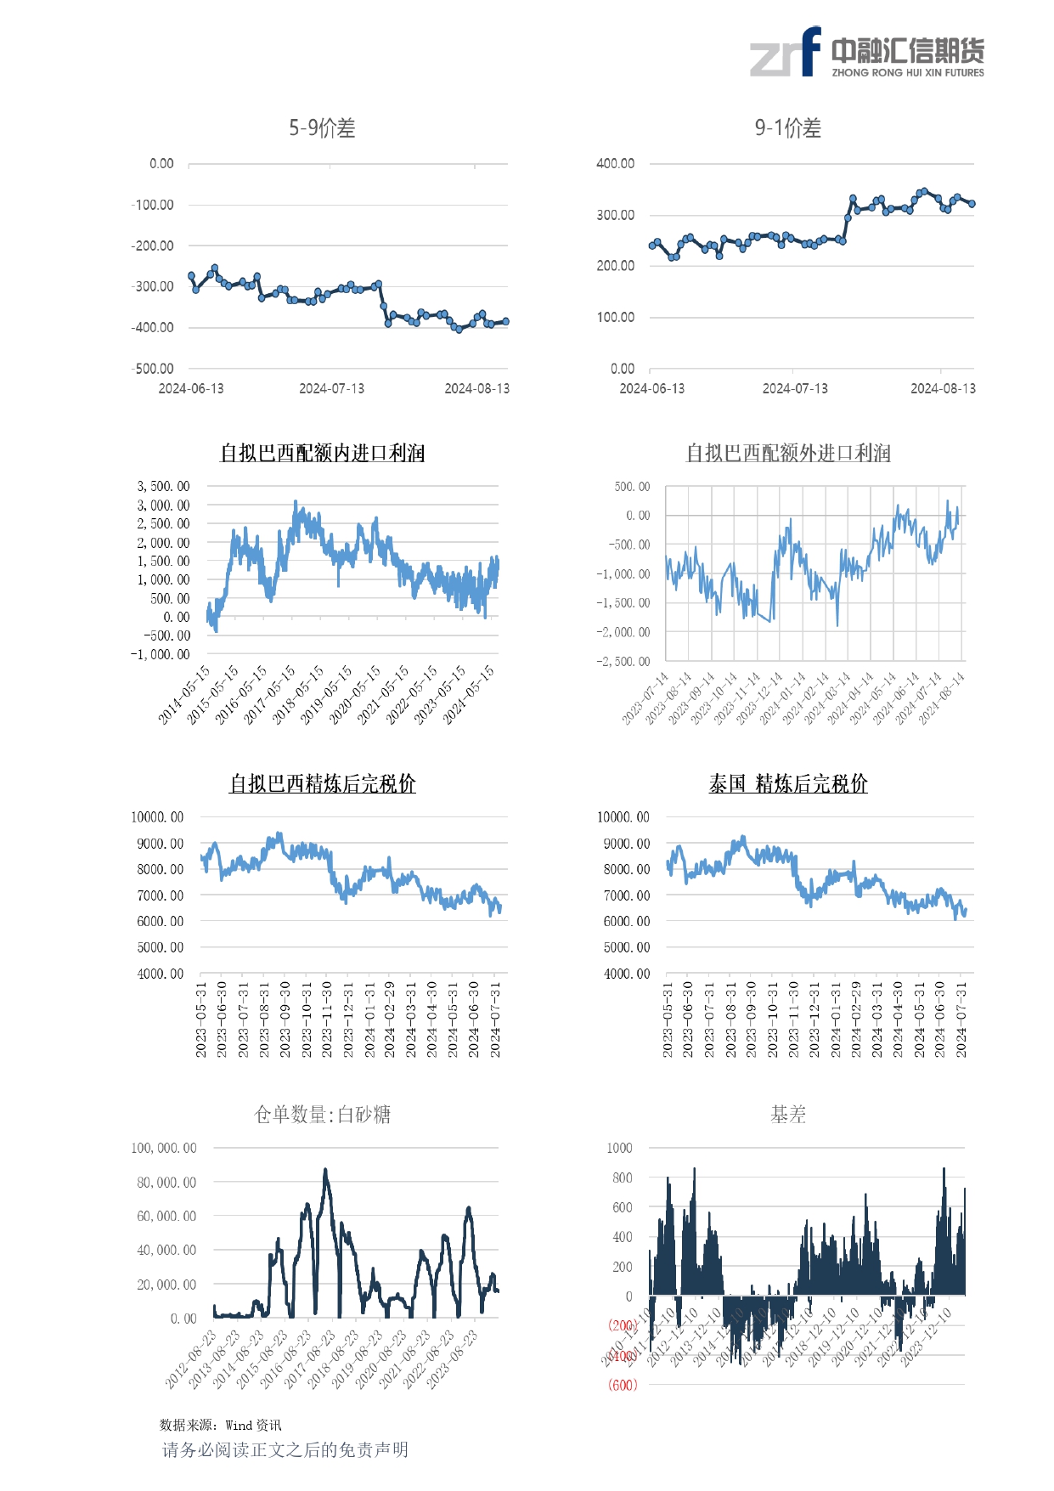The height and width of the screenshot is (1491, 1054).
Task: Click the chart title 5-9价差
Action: [x=322, y=128]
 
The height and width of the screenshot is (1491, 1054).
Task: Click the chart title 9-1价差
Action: [x=787, y=128]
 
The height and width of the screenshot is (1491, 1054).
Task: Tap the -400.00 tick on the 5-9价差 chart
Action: [x=153, y=327]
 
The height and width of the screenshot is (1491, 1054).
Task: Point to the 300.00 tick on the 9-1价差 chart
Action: [x=615, y=215]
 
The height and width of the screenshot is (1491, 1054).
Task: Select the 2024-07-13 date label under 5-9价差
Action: [x=331, y=388]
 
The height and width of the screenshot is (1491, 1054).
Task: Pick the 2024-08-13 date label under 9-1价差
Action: [x=943, y=388]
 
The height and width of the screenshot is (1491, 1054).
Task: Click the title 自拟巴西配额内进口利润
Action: [x=322, y=453]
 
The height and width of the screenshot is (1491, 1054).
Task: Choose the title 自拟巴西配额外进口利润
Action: [x=787, y=453]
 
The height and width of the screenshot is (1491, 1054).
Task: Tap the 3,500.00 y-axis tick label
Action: [x=163, y=486]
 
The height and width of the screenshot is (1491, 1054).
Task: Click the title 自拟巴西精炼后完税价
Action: [x=322, y=783]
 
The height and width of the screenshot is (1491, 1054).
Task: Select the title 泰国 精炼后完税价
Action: [x=787, y=783]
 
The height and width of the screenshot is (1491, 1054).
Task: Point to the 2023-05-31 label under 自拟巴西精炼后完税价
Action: [x=201, y=1019]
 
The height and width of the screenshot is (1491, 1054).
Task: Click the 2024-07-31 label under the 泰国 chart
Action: [x=961, y=1019]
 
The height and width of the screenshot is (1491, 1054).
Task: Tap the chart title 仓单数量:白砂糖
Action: [x=322, y=1114]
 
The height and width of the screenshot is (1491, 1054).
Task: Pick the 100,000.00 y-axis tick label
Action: [x=163, y=1148]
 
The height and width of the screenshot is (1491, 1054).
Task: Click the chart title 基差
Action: [x=787, y=1114]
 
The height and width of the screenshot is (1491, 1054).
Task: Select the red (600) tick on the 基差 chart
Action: [x=622, y=1385]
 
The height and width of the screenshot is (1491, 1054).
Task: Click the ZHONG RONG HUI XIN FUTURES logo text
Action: [x=907, y=73]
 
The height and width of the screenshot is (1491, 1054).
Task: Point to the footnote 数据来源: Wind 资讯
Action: [x=220, y=1425]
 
